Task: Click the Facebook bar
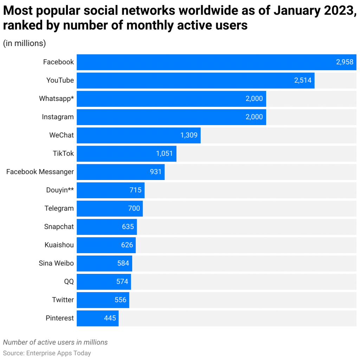(204, 62)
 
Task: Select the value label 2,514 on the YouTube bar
(303, 81)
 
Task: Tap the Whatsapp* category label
(56, 99)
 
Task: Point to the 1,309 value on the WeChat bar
(189, 135)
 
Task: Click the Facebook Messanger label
(40, 172)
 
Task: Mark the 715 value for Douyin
(135, 190)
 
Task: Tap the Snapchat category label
(59, 227)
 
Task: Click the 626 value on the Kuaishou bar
(127, 245)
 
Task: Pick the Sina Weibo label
(56, 263)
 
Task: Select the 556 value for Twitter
(121, 300)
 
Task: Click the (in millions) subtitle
(25, 43)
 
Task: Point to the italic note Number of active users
(55, 342)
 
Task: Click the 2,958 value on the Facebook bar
(345, 62)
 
